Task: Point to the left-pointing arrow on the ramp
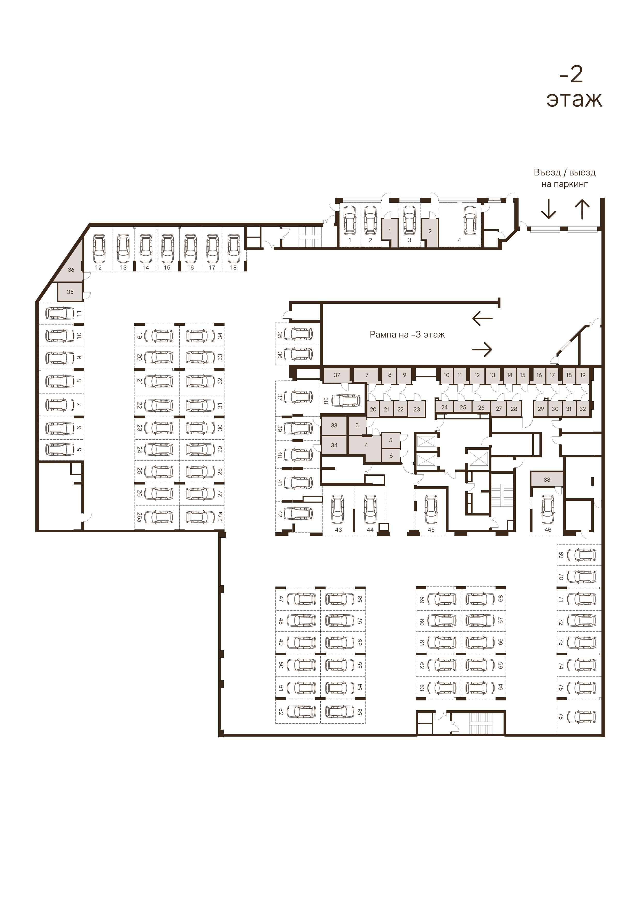click(482, 318)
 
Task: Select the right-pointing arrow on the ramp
click(482, 349)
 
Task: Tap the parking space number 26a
click(139, 517)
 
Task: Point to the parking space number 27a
click(220, 517)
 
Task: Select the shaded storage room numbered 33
click(334, 425)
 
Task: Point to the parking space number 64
click(500, 687)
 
